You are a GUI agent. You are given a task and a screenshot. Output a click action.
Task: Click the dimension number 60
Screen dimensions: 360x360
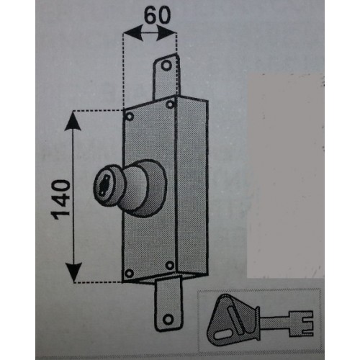[157, 14]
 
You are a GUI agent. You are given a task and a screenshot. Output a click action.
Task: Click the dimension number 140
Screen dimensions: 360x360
[60, 199]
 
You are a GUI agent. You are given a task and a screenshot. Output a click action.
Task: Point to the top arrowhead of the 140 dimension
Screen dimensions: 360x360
[73, 121]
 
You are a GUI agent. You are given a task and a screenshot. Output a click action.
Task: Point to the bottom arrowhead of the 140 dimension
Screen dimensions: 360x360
[73, 272]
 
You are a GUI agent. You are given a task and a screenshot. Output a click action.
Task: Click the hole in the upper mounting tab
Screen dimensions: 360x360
[166, 65]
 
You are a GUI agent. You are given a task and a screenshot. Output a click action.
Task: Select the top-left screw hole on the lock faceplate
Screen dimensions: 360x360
[130, 117]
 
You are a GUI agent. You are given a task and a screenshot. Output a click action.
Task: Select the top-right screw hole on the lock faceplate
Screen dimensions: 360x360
[170, 104]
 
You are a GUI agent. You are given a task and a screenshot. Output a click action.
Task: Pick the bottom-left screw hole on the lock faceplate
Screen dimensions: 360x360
[130, 273]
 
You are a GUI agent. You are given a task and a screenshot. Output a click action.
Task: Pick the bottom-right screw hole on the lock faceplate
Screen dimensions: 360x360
[170, 265]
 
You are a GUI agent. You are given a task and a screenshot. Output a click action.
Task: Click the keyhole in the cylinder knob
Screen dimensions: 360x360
[104, 185]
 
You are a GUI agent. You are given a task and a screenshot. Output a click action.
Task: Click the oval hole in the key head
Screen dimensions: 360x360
[223, 335]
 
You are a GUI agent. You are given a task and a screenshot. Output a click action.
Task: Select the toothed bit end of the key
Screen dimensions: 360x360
[301, 323]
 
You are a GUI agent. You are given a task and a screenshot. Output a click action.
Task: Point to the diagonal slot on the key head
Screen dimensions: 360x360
[236, 320]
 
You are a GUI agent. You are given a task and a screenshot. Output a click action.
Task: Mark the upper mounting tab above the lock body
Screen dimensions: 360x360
[166, 77]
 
